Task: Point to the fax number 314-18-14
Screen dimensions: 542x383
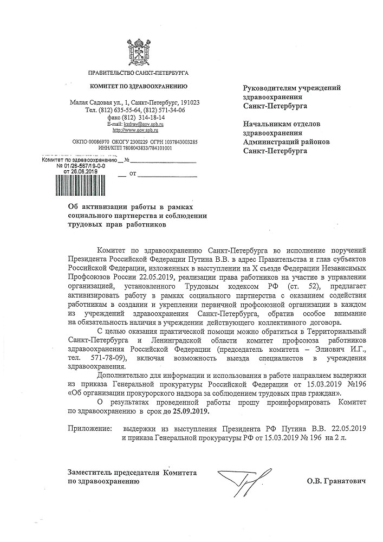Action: (147, 117)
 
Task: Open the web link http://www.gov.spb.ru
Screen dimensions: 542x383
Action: (135, 131)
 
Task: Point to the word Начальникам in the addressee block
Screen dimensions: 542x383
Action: (269, 124)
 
